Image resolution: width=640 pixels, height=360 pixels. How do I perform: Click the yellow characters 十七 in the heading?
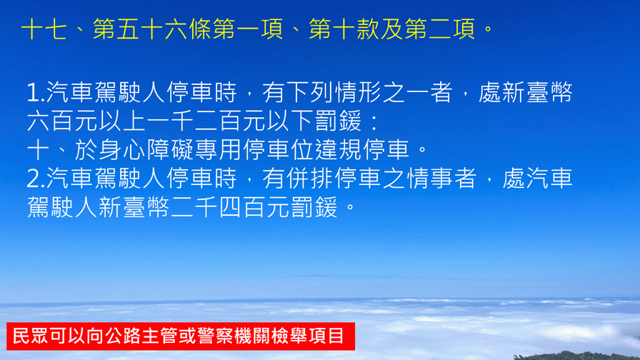point(44,29)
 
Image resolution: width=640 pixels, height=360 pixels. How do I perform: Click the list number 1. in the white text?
point(36,92)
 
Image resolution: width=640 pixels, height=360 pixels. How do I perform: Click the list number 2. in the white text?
point(36,179)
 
